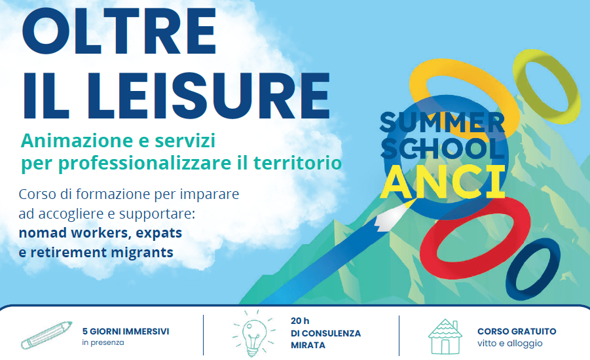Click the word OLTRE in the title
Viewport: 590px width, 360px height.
click(x=119, y=31)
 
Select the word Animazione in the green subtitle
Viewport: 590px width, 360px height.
click(x=77, y=141)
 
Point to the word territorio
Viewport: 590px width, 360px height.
click(x=297, y=163)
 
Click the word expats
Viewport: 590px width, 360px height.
click(x=158, y=233)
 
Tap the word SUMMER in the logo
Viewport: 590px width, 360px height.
click(x=443, y=122)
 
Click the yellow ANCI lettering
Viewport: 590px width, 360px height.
click(x=443, y=183)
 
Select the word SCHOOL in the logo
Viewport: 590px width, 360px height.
click(x=443, y=148)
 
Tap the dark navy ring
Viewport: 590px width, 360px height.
click(x=513, y=279)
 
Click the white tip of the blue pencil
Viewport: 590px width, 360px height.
click(x=392, y=217)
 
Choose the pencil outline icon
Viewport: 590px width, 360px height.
click(x=46, y=335)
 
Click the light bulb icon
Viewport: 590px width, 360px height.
click(x=253, y=333)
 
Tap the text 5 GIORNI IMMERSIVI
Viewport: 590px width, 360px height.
click(x=126, y=331)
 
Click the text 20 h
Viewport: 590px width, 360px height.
click(x=300, y=321)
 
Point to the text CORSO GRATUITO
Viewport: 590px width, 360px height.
click(x=517, y=331)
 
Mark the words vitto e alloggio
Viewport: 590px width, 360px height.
click(x=510, y=344)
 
